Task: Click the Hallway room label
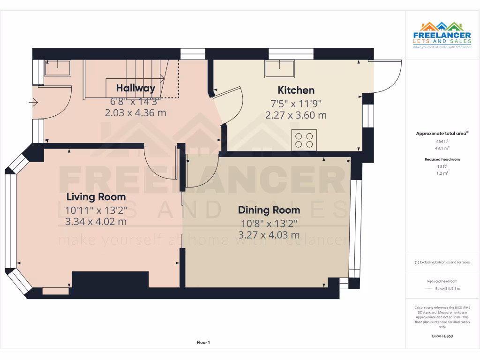pyautogui.click(x=135, y=88)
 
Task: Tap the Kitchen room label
pyautogui.click(x=296, y=90)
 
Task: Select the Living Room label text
pyautogui.click(x=96, y=196)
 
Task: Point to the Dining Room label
pyautogui.click(x=269, y=210)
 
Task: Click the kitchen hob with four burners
pyautogui.click(x=304, y=140)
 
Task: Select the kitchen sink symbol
pyautogui.click(x=280, y=69)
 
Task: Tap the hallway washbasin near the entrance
pyautogui.click(x=57, y=68)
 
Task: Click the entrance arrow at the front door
pyautogui.click(x=33, y=102)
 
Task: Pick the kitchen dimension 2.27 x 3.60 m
pyautogui.click(x=296, y=115)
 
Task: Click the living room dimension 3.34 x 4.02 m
pyautogui.click(x=96, y=221)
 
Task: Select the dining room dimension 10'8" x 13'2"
pyautogui.click(x=269, y=223)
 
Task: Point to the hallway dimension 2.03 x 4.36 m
pyautogui.click(x=135, y=113)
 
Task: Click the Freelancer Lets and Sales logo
pyautogui.click(x=442, y=35)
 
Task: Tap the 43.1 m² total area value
pyautogui.click(x=442, y=148)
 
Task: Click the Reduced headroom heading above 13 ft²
pyautogui.click(x=442, y=159)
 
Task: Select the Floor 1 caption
pyautogui.click(x=203, y=343)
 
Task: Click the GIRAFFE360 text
pyautogui.click(x=442, y=336)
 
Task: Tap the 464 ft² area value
pyautogui.click(x=442, y=141)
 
